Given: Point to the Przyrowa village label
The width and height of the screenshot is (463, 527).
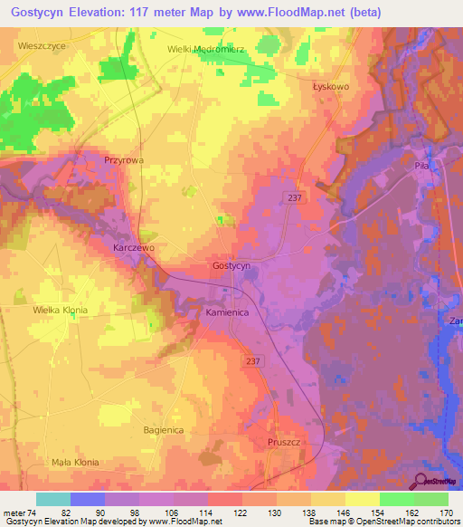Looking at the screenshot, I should point(123,158).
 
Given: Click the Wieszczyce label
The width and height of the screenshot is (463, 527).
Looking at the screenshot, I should point(42,43).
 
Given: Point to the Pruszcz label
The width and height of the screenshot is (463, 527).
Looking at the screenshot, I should point(284,443).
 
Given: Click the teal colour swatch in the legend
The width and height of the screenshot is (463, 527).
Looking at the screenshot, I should point(53,499).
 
